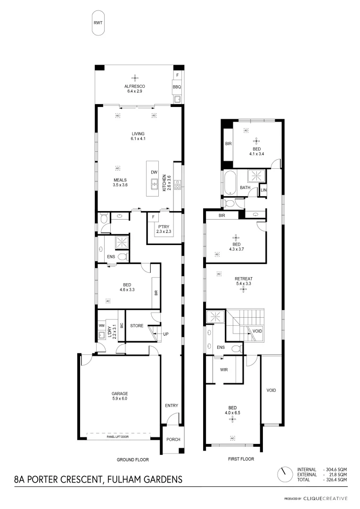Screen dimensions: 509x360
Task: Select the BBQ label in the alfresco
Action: click(177, 87)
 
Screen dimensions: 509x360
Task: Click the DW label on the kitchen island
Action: click(154, 172)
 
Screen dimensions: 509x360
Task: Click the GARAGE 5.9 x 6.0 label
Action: click(120, 396)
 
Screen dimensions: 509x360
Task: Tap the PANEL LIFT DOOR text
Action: click(118, 437)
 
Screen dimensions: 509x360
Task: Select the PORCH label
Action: click(173, 439)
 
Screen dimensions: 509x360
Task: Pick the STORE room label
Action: click(137, 325)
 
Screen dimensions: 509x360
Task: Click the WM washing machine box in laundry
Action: click(101, 326)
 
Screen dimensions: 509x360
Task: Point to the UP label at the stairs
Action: click(165, 334)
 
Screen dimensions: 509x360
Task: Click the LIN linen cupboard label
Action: click(263, 190)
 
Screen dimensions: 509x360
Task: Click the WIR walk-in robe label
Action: click(224, 369)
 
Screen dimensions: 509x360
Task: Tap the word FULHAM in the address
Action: click(124, 480)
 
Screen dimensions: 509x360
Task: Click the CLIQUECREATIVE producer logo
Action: click(325, 498)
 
